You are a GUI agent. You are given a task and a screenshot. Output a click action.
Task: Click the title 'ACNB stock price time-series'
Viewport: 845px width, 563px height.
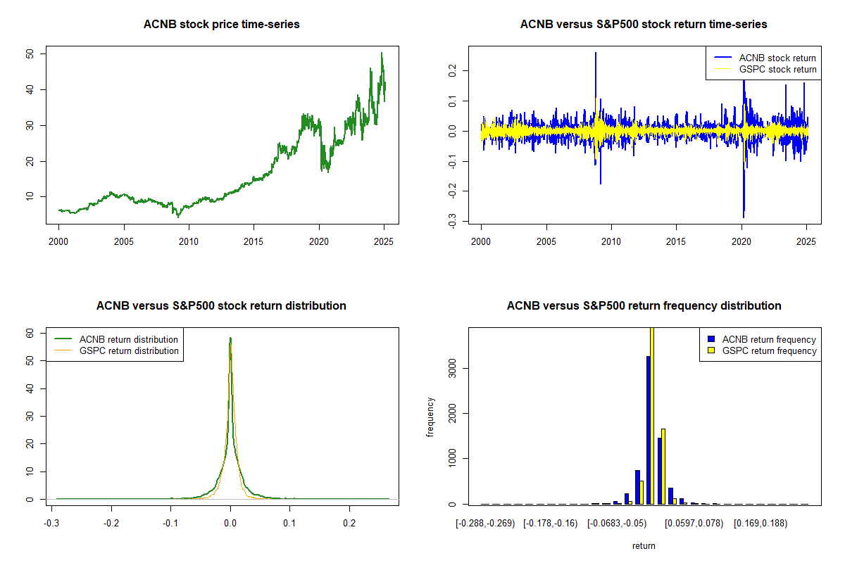click(x=221, y=25)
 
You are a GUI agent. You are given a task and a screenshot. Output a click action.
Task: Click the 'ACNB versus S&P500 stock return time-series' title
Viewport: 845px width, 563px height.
click(x=644, y=25)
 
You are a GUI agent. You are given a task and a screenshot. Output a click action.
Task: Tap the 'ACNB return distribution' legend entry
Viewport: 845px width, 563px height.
click(x=129, y=339)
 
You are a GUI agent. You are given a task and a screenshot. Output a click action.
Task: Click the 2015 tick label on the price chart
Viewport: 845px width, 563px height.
click(x=254, y=241)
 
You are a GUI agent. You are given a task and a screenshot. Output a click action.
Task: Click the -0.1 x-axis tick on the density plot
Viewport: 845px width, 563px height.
click(x=170, y=523)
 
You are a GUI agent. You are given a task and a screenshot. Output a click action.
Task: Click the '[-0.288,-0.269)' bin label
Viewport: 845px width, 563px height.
click(x=486, y=523)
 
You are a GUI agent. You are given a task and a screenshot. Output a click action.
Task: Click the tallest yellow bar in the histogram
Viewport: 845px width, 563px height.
click(x=652, y=415)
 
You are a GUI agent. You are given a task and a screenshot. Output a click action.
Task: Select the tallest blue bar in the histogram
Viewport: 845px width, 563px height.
click(x=648, y=430)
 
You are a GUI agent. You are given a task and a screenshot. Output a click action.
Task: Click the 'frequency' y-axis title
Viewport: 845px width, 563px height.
click(x=430, y=417)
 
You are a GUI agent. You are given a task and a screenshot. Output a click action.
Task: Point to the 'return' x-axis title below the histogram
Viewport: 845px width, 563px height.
click(x=644, y=545)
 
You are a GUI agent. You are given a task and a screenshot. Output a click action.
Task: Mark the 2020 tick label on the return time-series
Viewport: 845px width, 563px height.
click(x=741, y=241)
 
